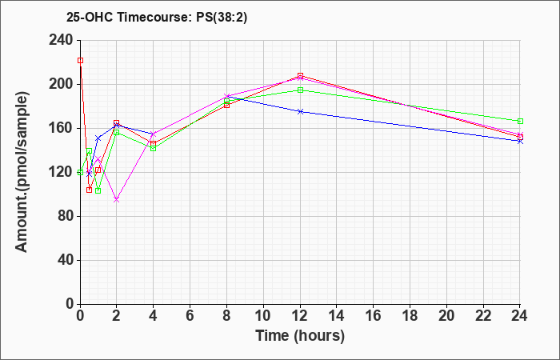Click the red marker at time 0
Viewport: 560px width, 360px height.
[x=80, y=61]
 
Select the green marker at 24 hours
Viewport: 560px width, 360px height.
[x=520, y=122]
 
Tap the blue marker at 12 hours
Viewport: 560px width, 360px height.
[x=300, y=112]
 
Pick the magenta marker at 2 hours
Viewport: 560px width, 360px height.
[x=117, y=200]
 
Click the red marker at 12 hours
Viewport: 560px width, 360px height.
[x=300, y=76]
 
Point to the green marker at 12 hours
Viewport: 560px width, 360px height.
[x=300, y=90]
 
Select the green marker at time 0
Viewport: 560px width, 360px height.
[x=80, y=173]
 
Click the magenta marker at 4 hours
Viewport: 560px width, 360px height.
[x=154, y=134]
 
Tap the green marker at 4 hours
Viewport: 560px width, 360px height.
[x=154, y=148]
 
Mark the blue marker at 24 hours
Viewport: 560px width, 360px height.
[x=520, y=142]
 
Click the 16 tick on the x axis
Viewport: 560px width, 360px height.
[x=374, y=315]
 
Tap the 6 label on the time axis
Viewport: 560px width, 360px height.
[x=190, y=315]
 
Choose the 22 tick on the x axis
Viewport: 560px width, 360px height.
[x=483, y=315]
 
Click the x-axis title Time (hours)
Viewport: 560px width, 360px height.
[x=300, y=336]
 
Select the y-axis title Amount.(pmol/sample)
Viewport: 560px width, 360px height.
[x=22, y=172]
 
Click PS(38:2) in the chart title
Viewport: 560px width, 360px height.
[x=222, y=18]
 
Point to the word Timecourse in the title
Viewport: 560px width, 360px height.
[x=156, y=18]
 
